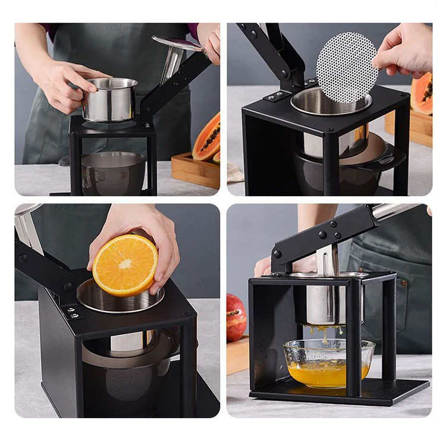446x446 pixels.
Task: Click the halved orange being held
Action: (x=125, y=265)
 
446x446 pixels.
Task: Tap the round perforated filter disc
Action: (x=347, y=67)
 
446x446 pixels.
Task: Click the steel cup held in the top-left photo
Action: (x=110, y=99)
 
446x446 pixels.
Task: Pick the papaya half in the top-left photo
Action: (x=207, y=138)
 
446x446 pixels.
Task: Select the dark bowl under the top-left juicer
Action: (x=113, y=172)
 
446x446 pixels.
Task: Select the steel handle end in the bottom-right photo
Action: (x=398, y=211)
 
